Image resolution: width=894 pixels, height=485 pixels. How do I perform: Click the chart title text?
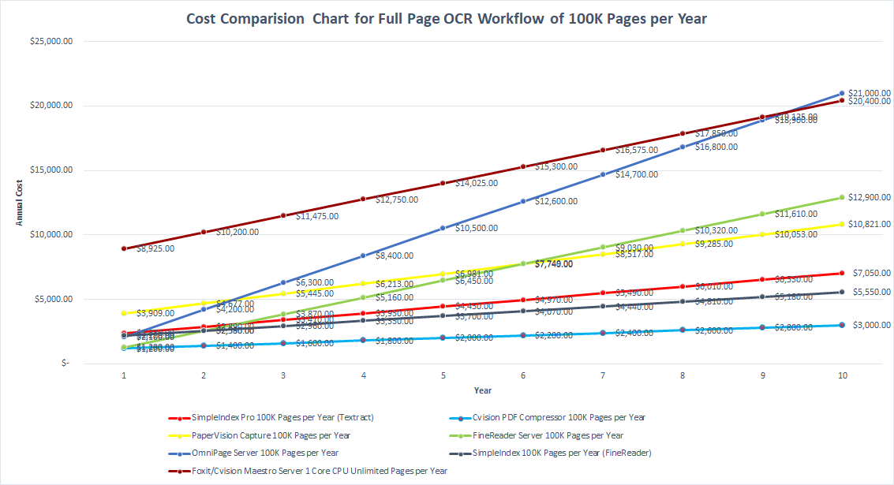[446, 19]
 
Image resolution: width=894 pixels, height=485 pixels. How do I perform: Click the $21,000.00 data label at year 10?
[869, 93]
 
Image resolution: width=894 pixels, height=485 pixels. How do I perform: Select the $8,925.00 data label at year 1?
[155, 248]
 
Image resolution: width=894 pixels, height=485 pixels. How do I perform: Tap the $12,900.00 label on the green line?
[869, 197]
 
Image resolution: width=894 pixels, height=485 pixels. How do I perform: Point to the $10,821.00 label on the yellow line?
[869, 225]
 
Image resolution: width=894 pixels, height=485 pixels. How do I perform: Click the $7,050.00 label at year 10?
[871, 273]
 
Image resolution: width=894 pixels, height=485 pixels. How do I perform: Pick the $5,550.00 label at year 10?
[871, 292]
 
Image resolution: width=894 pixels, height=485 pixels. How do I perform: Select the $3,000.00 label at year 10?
[871, 325]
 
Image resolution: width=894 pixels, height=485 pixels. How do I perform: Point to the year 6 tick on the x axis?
[523, 376]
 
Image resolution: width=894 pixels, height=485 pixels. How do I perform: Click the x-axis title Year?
[483, 390]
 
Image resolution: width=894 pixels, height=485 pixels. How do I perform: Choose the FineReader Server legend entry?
[548, 435]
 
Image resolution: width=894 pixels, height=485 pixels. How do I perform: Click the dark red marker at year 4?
[363, 199]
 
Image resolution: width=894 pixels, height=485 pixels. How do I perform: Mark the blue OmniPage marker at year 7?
[603, 174]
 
